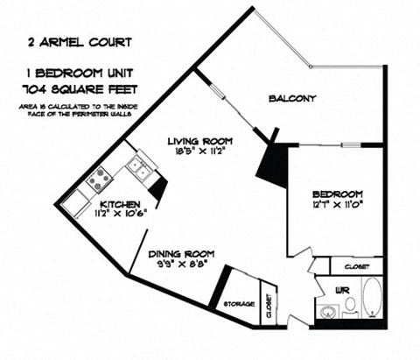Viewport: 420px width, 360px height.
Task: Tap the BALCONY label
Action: pos(292,98)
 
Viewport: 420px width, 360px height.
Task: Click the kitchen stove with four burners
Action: pos(98,178)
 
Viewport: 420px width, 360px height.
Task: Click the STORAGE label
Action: pos(238,303)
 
